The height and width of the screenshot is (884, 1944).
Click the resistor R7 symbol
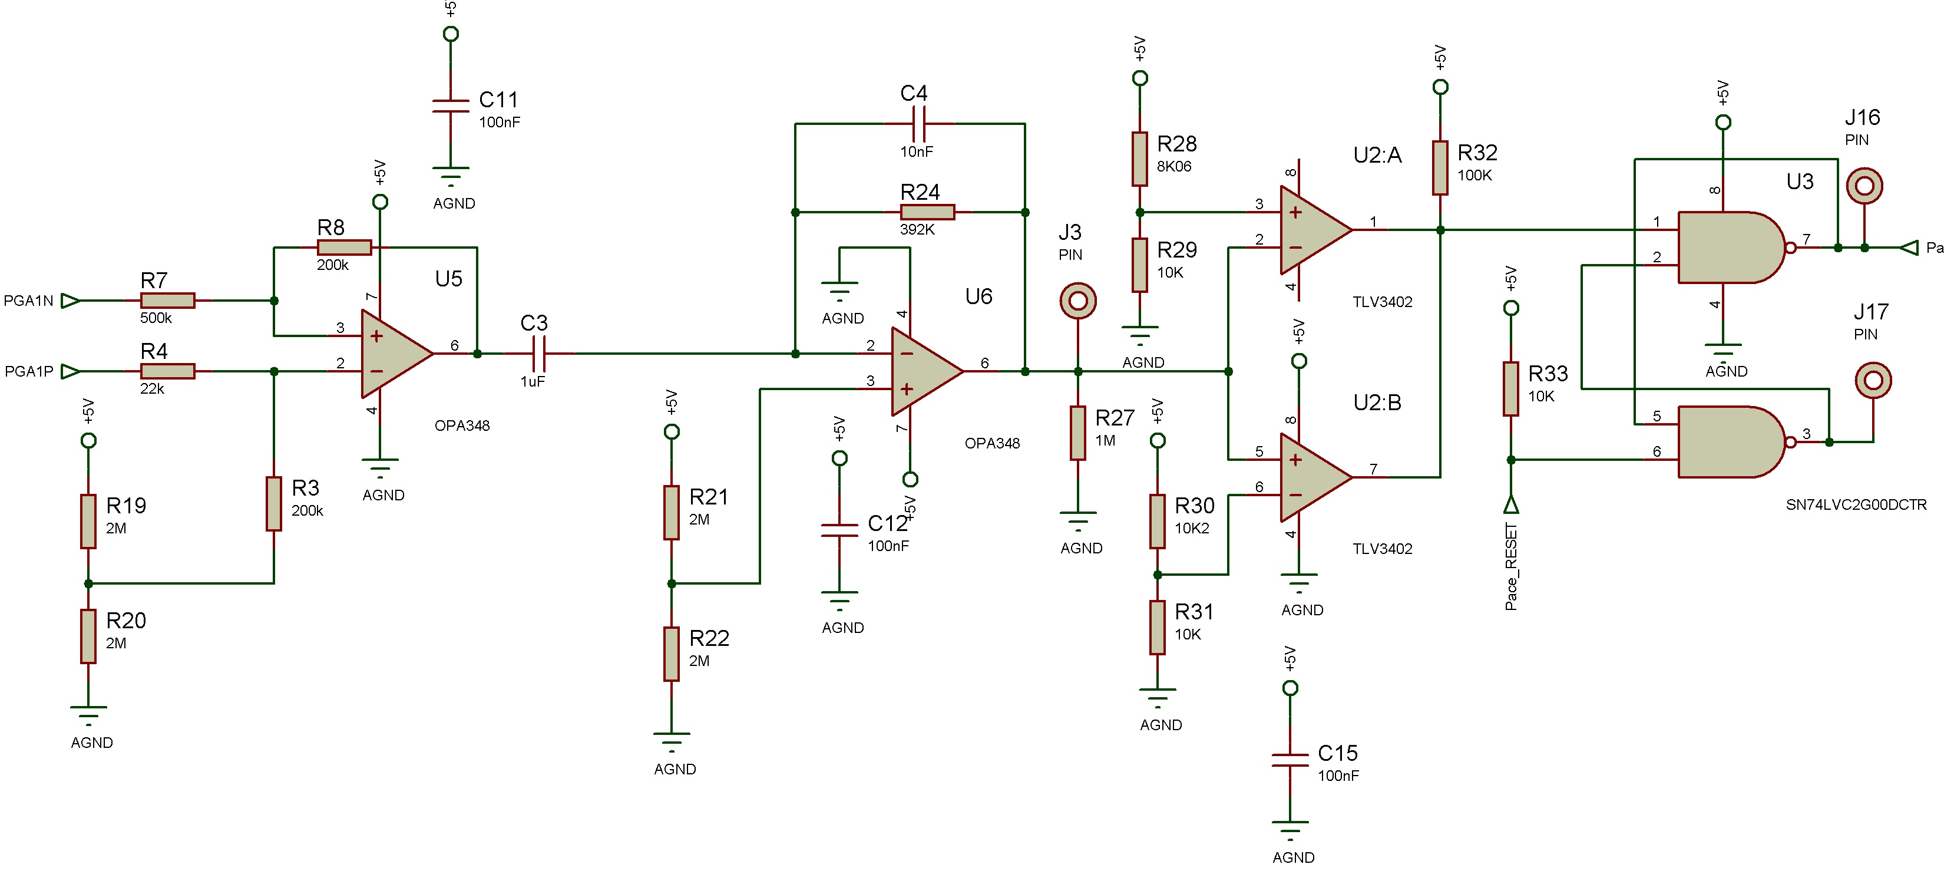[167, 301]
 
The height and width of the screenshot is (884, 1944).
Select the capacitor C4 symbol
[918, 123]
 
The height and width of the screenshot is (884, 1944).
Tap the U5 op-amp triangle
[392, 353]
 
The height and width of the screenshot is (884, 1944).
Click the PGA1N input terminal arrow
[70, 301]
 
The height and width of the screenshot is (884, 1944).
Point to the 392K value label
[917, 229]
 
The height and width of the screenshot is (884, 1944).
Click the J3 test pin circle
[1077, 301]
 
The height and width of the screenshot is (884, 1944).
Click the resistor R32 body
[1440, 167]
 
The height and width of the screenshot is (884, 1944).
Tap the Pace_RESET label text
[1511, 566]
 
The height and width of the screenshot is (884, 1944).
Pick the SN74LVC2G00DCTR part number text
[1856, 504]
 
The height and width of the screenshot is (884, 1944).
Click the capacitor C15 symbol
[1291, 760]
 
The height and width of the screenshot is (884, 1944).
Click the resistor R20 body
[88, 636]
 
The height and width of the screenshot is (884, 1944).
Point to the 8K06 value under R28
[1173, 166]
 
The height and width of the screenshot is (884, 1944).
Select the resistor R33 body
[1511, 389]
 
